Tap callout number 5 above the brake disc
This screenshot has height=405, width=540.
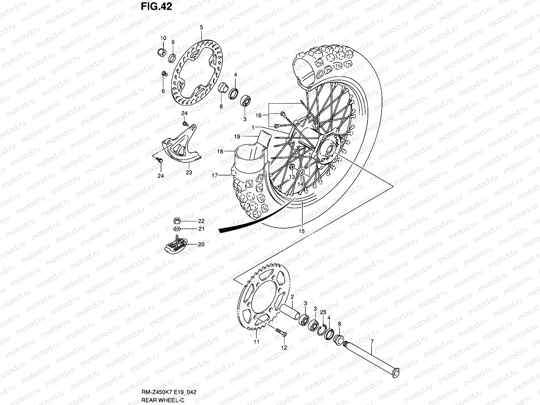(x=201, y=27)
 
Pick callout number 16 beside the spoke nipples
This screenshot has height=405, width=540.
(x=258, y=115)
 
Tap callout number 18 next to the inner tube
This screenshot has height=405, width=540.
(x=220, y=152)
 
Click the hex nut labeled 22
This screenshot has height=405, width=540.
(x=176, y=221)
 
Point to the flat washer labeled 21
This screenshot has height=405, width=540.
(x=176, y=228)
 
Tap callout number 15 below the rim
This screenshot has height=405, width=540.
(x=301, y=231)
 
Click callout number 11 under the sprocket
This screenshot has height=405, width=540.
(x=256, y=342)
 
